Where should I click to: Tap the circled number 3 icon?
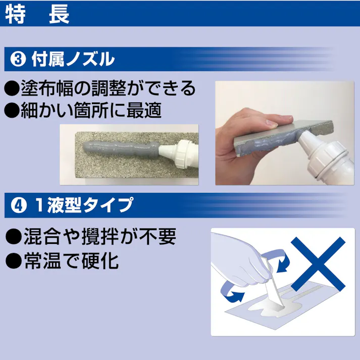[19, 60]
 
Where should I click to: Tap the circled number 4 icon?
[19, 205]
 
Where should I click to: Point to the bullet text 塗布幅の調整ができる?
[107, 88]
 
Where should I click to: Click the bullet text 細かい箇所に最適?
[91, 111]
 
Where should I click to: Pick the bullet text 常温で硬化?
[70, 261]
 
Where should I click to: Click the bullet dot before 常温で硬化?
[11, 261]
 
